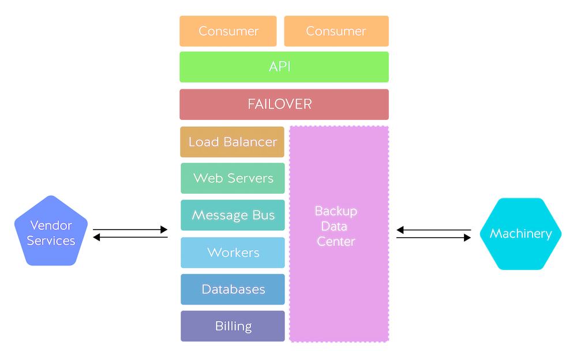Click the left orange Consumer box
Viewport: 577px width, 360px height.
pos(228,31)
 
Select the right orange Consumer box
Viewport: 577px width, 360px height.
pos(336,31)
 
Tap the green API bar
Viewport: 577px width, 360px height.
pos(284,67)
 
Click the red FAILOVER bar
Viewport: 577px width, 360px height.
pos(284,104)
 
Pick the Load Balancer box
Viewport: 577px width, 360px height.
pos(233,142)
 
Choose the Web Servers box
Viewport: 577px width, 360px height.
pos(233,178)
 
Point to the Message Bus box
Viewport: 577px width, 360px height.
pos(233,215)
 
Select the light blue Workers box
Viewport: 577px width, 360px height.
pos(233,253)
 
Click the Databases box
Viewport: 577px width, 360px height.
pos(233,289)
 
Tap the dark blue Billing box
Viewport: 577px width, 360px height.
pos(233,326)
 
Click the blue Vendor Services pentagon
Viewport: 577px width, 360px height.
pos(51,232)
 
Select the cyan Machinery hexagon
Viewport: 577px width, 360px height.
pos(520,234)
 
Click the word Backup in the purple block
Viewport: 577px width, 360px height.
pos(336,211)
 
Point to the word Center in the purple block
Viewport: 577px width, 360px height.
pos(336,241)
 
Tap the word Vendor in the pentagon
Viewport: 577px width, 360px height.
pos(51,225)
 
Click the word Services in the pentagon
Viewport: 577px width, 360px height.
pos(51,241)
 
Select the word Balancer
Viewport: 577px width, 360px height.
pos(249,142)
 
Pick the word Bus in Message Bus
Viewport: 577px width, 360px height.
pos(263,215)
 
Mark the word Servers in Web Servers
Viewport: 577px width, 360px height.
pos(250,178)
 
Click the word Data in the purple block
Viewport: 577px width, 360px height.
pos(335,226)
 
